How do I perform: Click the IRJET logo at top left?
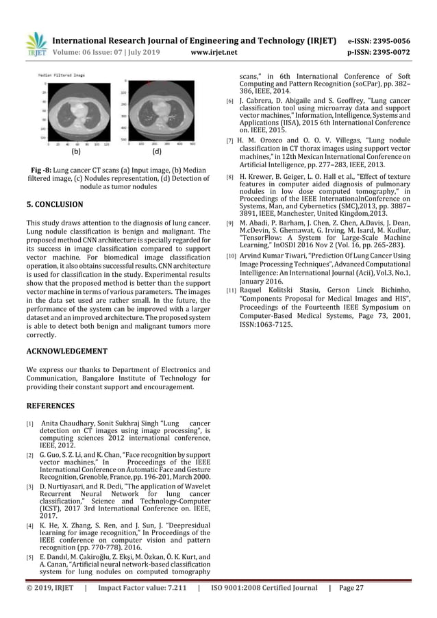click(x=36, y=45)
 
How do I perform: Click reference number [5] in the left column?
click(x=30, y=557)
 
